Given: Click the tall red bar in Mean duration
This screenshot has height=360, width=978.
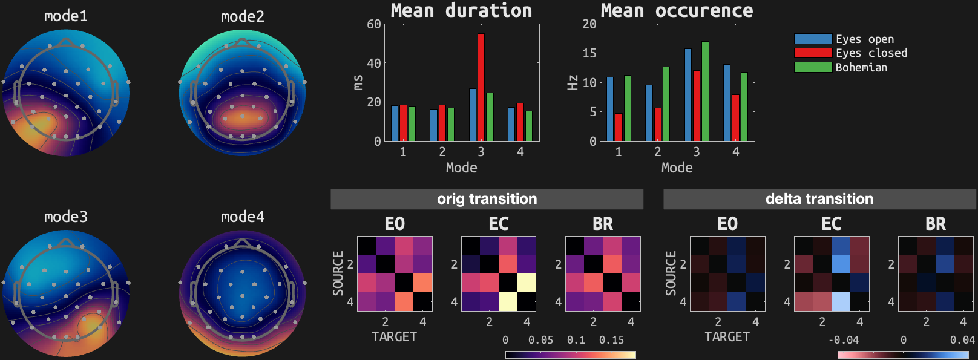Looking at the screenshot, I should coord(481,88).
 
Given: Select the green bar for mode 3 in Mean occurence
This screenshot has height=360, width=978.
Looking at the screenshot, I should coord(705,91).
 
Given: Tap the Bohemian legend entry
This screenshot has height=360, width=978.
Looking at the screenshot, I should coord(841,67).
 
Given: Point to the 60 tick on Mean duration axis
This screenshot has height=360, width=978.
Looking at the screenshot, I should coord(374,24).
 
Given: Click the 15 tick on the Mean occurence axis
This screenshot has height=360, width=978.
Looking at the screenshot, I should coord(589,53).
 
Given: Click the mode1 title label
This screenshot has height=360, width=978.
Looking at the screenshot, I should coord(66,16).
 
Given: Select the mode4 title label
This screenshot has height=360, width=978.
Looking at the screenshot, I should coord(243,217).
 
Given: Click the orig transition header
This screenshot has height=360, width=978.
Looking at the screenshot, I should coord(487,199).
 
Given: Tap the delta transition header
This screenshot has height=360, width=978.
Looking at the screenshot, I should coord(819,199).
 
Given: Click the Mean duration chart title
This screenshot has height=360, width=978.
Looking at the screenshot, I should coord(461,10).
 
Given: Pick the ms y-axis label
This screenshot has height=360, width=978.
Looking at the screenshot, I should coord(358,82).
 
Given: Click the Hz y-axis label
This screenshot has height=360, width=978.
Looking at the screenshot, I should coord(573,82).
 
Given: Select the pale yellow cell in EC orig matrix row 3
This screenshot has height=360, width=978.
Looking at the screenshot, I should coord(527,283).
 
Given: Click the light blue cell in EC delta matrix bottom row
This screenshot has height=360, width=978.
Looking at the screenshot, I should coord(841,301).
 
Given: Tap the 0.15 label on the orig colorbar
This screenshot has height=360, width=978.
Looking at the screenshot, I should coord(611,340).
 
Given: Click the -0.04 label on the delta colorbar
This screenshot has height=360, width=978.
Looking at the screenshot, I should coord(844,340).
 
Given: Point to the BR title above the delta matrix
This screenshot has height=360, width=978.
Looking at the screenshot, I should coord(935,224).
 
